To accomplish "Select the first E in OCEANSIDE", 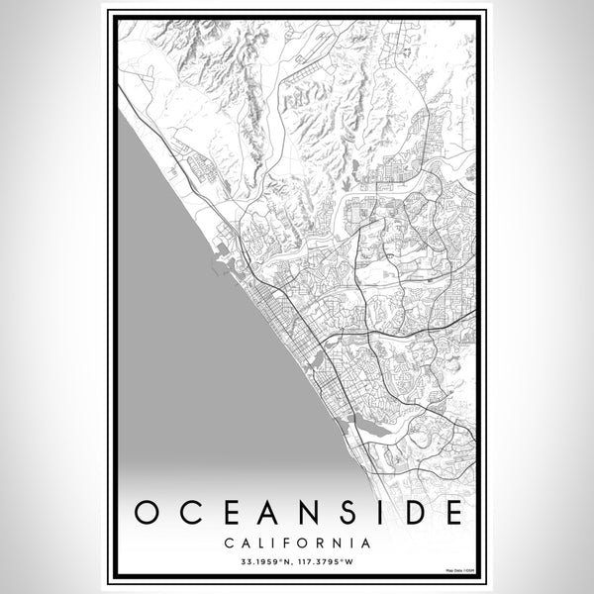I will tap(224, 513).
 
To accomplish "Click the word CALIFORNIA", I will tap(297, 543).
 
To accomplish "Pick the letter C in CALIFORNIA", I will tap(228, 543).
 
